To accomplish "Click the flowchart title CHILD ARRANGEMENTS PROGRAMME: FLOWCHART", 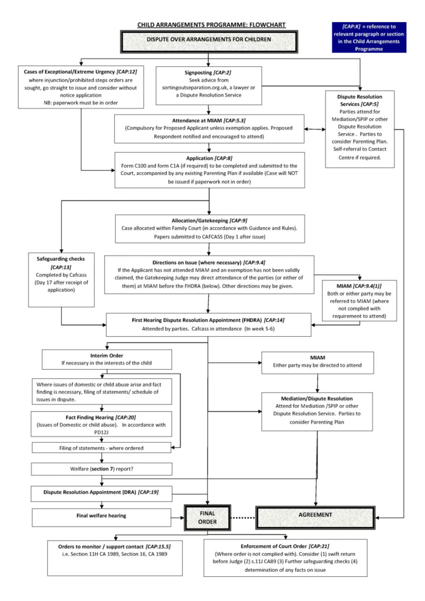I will coord(211,25).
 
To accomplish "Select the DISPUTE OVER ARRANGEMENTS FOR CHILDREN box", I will coord(209,40).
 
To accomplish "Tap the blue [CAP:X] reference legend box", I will coord(369,38).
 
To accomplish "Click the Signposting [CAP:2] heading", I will coord(208,73).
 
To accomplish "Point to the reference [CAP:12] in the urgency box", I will coord(127,71).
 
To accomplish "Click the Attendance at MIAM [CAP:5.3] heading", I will coord(209,121).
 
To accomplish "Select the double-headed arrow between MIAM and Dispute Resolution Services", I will coord(314,129).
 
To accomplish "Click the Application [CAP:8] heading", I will coord(209,158).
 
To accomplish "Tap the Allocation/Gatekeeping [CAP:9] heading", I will coord(209,221).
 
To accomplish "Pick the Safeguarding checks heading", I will coord(61,259).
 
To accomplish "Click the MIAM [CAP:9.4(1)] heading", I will coord(359,286).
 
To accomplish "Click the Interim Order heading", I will coord(107,356).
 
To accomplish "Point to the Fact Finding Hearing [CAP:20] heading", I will coord(101,418).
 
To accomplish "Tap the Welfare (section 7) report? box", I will coord(102,469).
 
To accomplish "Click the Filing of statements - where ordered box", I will coord(101,448).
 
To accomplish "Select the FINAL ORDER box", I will coord(207,517).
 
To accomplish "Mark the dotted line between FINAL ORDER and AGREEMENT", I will coord(243,518).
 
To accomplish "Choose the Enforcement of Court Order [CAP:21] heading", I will coord(285,546).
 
